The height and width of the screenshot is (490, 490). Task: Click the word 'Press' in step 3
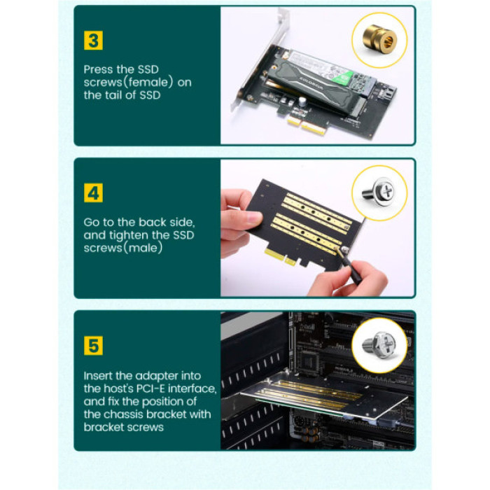(x=99, y=70)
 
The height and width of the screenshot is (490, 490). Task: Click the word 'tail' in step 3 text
(x=116, y=95)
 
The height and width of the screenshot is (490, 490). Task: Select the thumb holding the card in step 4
(x=241, y=220)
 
